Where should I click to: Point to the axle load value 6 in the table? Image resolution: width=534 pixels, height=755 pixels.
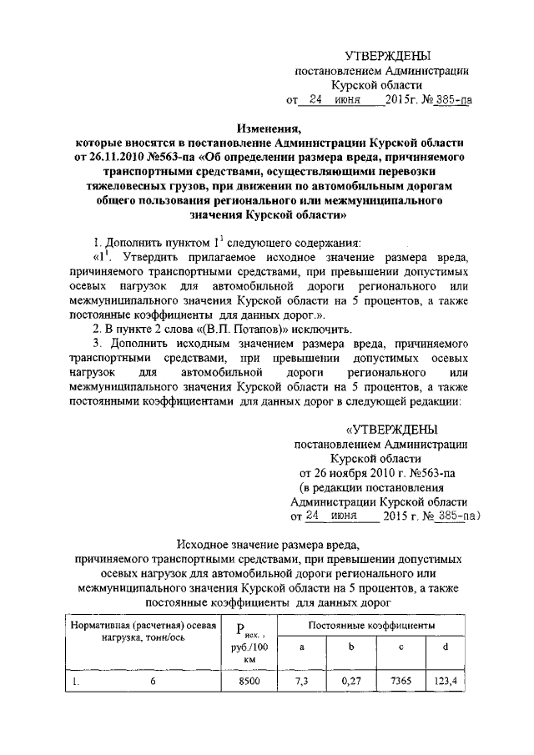tap(153, 682)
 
